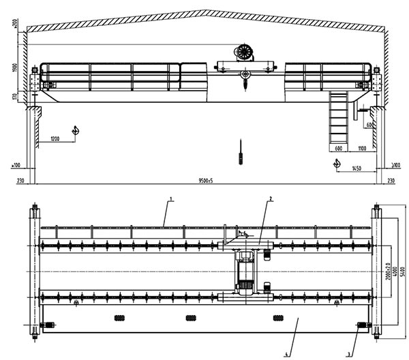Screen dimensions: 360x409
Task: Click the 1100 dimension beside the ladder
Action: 362,148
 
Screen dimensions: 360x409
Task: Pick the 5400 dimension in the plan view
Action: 404,271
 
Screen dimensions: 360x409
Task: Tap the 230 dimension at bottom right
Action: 391,181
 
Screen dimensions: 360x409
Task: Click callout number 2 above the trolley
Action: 271,198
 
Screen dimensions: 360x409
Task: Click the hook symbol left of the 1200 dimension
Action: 76,130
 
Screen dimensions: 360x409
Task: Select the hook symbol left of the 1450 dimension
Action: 335,164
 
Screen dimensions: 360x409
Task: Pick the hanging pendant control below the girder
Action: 241,153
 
